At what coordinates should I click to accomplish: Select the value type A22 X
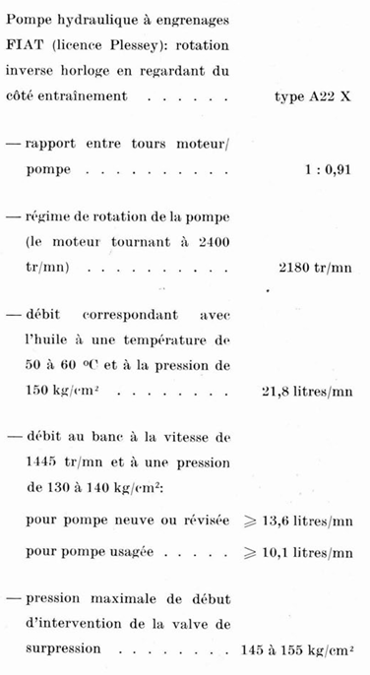pyautogui.click(x=313, y=97)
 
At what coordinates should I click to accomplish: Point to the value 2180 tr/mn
pyautogui.click(x=316, y=267)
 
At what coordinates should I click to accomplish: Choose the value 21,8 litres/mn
pyautogui.click(x=307, y=391)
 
